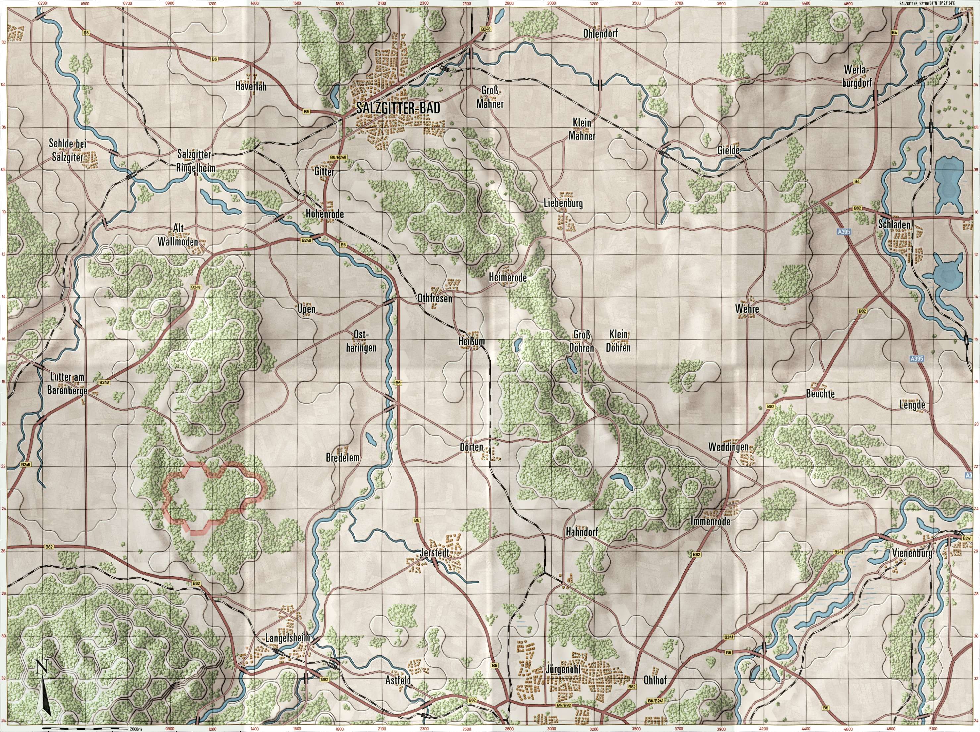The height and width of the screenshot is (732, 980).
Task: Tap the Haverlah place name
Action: point(251,87)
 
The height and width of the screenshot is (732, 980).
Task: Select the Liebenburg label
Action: point(563,204)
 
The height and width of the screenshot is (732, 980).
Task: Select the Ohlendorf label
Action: point(600,34)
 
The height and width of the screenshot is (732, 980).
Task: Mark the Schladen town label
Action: point(894,225)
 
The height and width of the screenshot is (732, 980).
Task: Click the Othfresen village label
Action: point(435,299)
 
